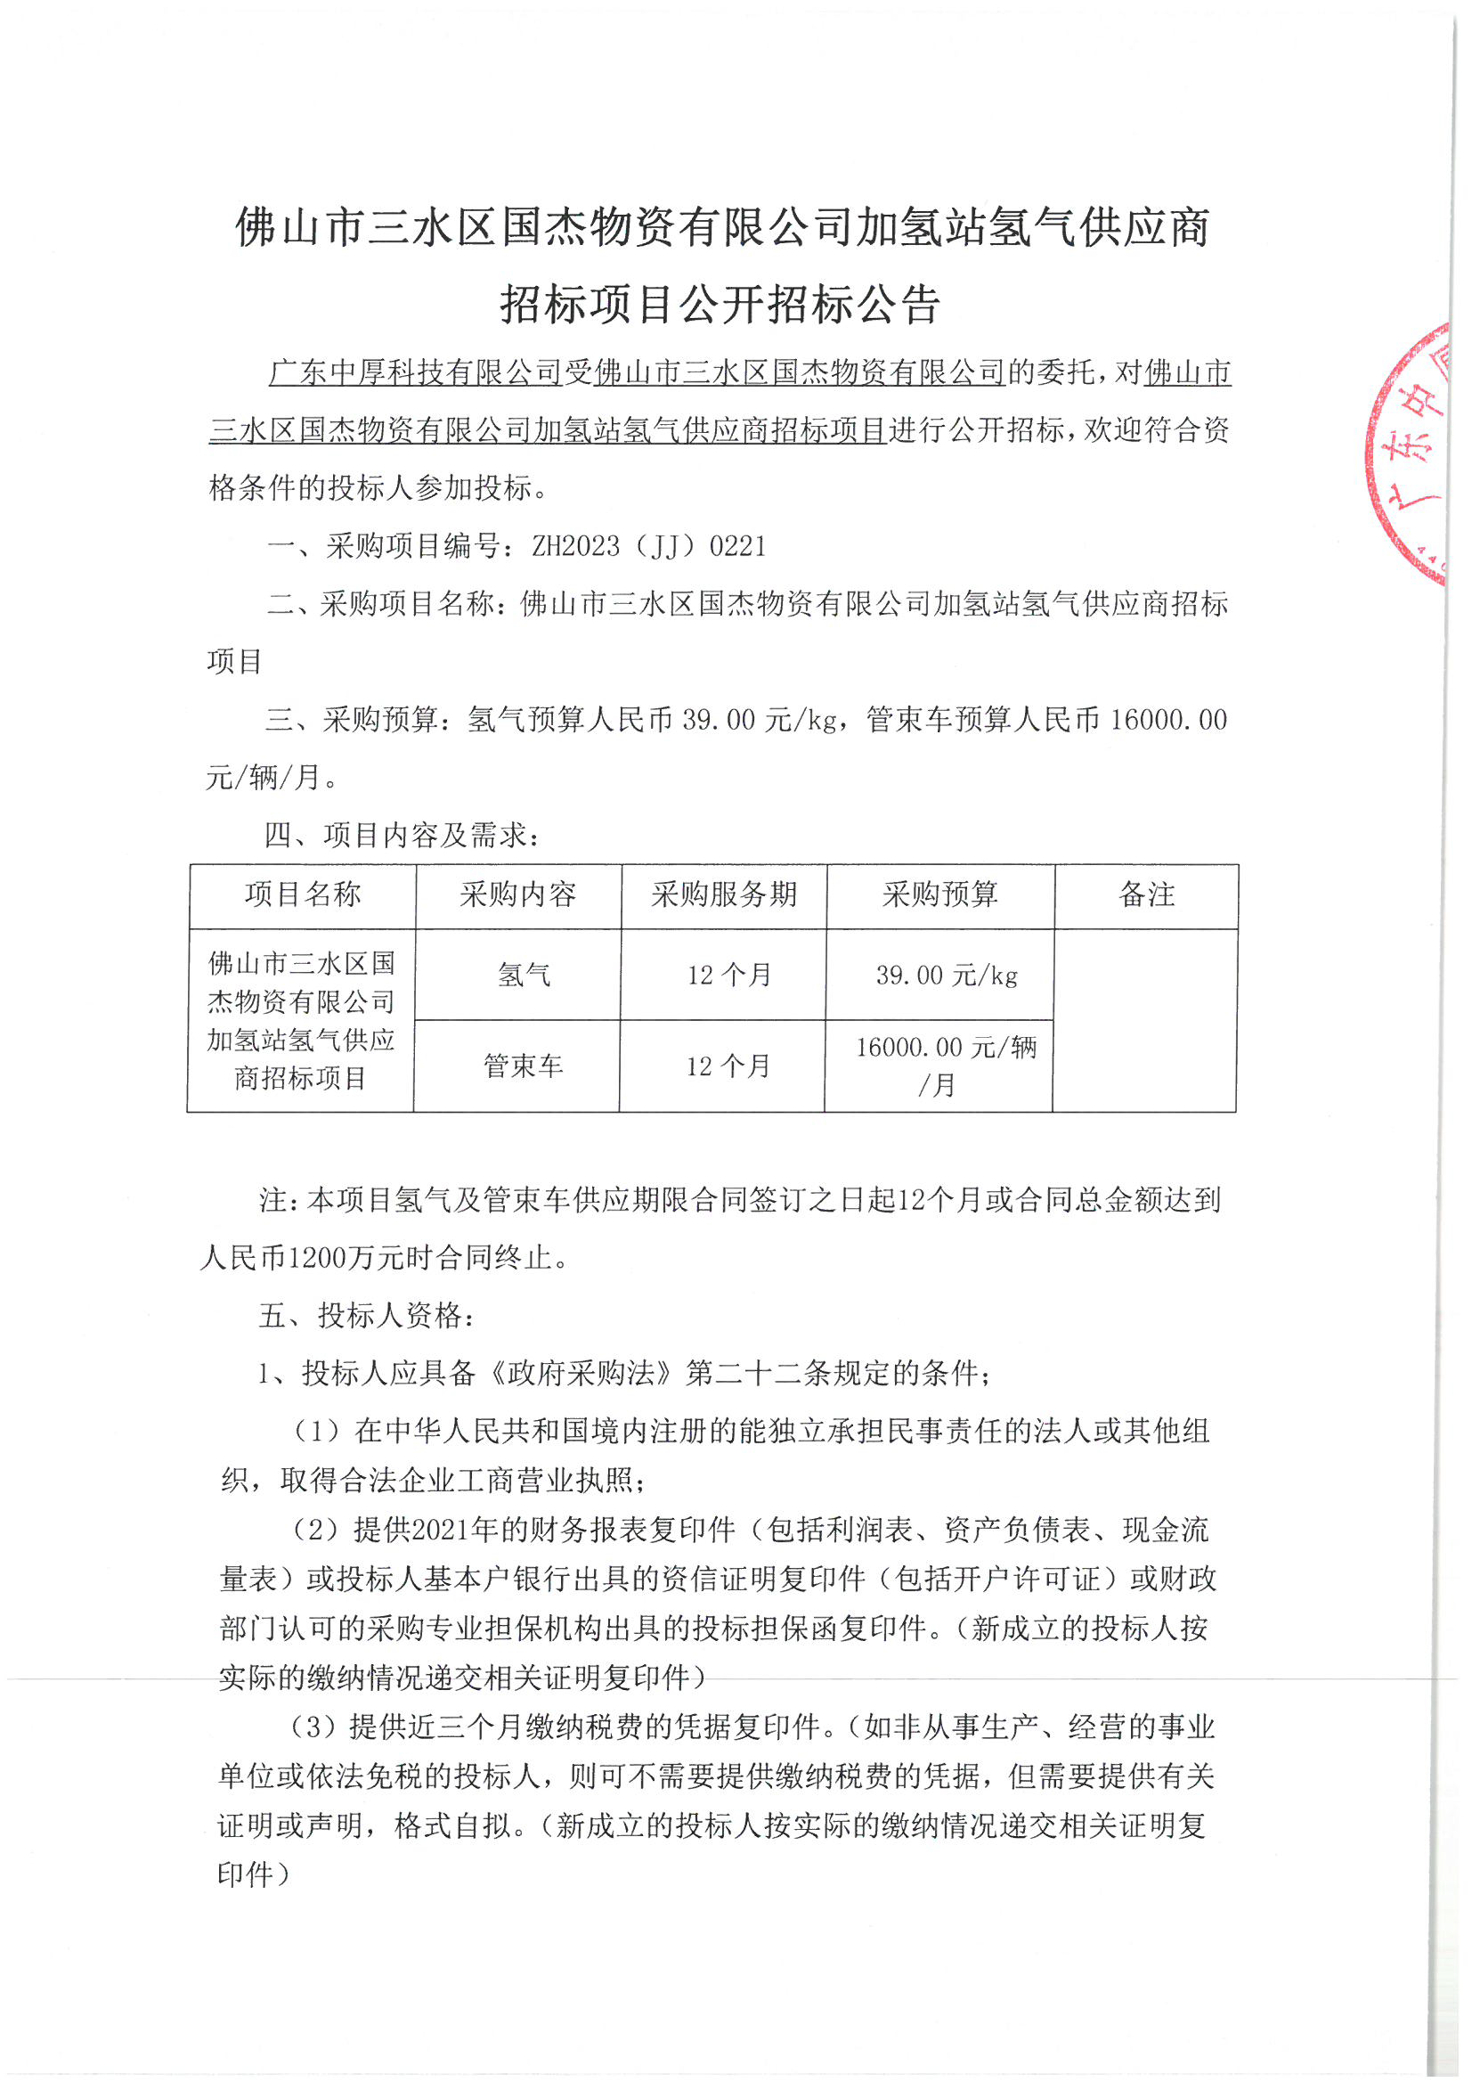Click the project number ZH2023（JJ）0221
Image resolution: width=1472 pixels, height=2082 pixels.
[648, 546]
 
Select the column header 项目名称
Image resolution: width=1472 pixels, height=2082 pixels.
[303, 895]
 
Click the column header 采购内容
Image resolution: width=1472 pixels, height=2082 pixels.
[517, 895]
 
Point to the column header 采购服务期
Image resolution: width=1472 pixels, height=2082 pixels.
[723, 895]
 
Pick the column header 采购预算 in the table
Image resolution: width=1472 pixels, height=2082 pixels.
[940, 895]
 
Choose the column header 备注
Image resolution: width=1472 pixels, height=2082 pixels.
[1147, 895]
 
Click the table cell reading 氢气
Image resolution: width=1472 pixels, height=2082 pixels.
[523, 975]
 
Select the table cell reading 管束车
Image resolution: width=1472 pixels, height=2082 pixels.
[523, 1065]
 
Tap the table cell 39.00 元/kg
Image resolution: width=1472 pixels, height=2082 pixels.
[947, 975]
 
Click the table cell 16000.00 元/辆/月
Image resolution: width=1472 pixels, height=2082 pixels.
[946, 1065]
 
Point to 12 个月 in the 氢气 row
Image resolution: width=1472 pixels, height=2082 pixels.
[728, 975]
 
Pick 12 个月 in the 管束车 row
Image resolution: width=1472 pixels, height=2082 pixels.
[728, 1065]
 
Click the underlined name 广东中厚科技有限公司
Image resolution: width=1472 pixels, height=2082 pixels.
[416, 372]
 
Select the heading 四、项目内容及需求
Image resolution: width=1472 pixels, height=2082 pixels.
[402, 835]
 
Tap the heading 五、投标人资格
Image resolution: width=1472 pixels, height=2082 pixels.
[366, 1316]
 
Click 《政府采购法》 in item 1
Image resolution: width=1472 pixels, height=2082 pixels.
[579, 1374]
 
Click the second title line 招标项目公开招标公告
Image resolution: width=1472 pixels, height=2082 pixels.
[720, 304]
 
